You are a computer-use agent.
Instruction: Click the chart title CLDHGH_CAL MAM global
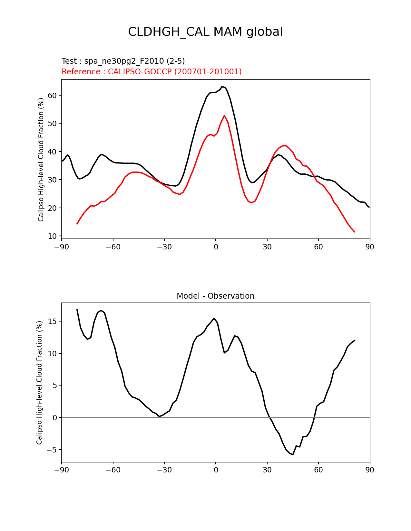tap(205, 32)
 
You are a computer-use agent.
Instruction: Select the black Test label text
tap(123, 61)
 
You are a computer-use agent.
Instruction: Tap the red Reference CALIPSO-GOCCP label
tap(152, 72)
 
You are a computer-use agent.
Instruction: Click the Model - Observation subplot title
tap(215, 296)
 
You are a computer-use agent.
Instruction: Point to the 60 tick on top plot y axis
tap(52, 95)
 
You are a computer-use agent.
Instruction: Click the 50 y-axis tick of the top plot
tap(52, 124)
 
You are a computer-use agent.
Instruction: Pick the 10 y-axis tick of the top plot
tap(52, 236)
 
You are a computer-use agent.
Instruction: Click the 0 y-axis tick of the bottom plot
tap(54, 418)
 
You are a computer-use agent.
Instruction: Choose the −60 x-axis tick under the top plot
tap(113, 247)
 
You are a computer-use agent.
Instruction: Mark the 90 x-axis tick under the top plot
tap(370, 247)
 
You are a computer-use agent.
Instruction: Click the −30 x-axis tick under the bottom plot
tap(164, 470)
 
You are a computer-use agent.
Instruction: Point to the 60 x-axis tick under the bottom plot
tap(318, 470)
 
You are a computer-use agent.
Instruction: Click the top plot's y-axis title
tap(41, 159)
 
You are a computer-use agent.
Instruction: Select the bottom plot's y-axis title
tap(39, 383)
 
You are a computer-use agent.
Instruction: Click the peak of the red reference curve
tap(224, 116)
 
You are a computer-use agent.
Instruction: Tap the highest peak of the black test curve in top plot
tap(222, 87)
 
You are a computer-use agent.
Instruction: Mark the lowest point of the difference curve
tap(293, 454)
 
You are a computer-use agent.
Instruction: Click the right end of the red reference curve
tap(355, 232)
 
